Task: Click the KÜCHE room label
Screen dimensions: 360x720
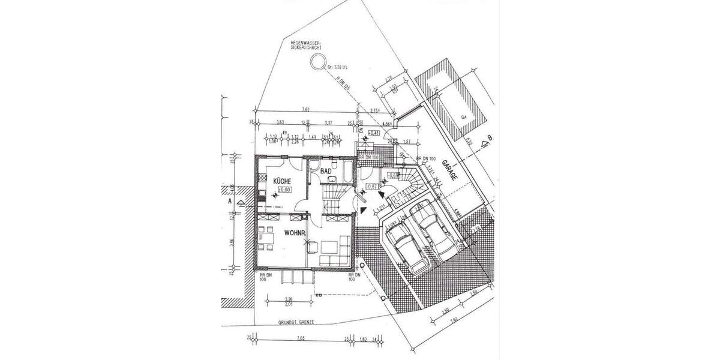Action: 283,181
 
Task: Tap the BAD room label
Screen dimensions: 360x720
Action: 326,171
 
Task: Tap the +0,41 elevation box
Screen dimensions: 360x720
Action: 374,132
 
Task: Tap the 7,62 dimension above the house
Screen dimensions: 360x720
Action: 305,109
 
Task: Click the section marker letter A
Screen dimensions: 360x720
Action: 230,202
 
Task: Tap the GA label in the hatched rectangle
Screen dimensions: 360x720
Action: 464,118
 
